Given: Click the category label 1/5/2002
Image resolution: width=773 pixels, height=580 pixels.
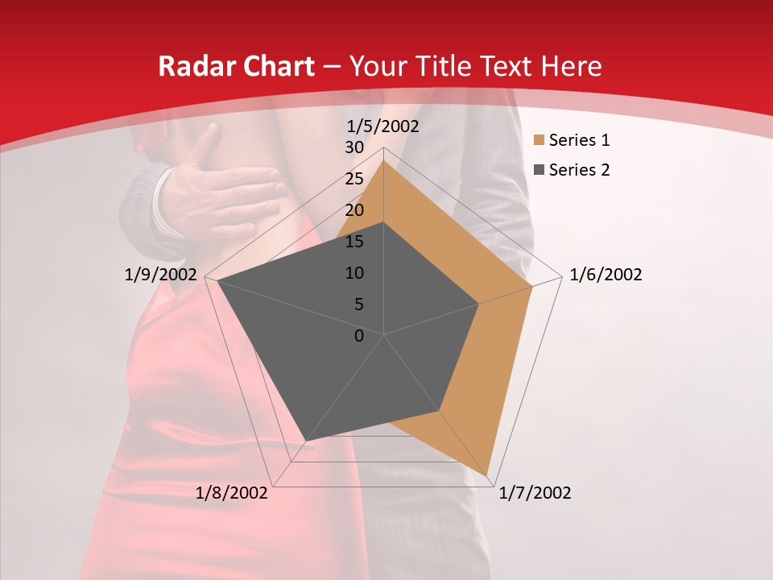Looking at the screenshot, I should point(382,126).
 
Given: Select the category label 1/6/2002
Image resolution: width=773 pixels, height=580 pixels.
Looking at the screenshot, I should point(606,275).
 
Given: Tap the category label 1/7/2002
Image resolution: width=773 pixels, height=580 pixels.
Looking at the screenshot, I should point(535,493).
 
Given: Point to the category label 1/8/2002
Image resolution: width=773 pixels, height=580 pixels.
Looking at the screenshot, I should point(232,493).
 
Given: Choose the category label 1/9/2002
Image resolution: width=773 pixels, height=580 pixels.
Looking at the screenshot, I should point(161,275).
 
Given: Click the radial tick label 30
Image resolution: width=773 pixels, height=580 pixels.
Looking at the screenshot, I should point(354,147).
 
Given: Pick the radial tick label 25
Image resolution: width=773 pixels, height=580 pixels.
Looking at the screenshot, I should point(354,179).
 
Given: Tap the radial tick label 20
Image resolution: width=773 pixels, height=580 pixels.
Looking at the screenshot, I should point(354,210).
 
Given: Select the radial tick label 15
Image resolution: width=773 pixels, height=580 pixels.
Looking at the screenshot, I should point(354,242).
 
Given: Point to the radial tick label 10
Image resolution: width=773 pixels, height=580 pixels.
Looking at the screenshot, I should point(354,273).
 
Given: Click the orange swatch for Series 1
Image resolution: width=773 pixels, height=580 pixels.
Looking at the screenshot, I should point(538,141).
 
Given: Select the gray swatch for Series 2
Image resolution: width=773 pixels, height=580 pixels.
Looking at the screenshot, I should point(538,170).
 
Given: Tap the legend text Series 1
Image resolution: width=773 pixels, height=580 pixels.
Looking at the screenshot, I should point(579,141).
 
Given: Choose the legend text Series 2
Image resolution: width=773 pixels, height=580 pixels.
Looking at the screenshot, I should point(579,170).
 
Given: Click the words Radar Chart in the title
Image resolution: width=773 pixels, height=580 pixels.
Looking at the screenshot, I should point(236,66).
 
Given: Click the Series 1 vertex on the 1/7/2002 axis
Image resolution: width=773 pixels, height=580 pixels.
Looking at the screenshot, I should point(489,474).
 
